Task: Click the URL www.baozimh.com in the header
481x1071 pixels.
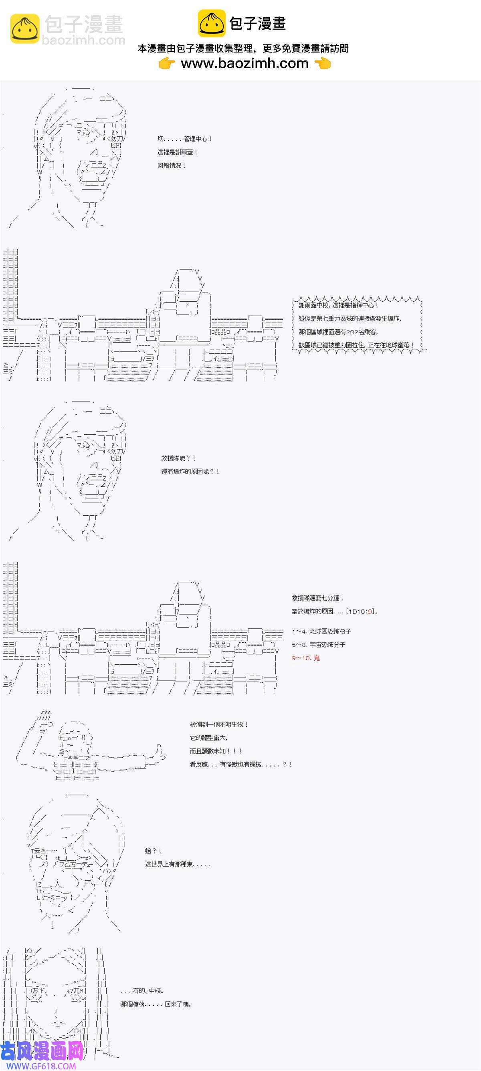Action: click(244, 63)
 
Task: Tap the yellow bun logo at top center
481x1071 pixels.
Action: click(211, 23)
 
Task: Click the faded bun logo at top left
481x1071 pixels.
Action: click(24, 28)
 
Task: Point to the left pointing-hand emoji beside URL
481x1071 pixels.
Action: click(167, 64)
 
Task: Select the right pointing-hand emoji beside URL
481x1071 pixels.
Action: click(323, 64)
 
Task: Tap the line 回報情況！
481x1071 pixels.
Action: click(172, 165)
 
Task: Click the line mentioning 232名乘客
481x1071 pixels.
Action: click(338, 332)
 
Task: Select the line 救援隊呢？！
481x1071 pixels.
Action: click(178, 458)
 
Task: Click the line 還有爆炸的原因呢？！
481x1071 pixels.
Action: click(190, 472)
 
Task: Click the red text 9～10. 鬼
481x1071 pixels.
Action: click(305, 658)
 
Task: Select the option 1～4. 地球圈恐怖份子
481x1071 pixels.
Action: click(321, 631)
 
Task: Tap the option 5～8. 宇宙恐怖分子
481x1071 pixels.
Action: click(318, 644)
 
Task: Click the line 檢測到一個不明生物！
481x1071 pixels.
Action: click(219, 724)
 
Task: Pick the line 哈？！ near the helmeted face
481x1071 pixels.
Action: click(153, 851)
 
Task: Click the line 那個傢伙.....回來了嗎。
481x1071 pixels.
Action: click(156, 1004)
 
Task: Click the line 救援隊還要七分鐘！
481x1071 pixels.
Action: click(318, 598)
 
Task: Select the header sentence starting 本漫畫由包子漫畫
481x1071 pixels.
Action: click(243, 48)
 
